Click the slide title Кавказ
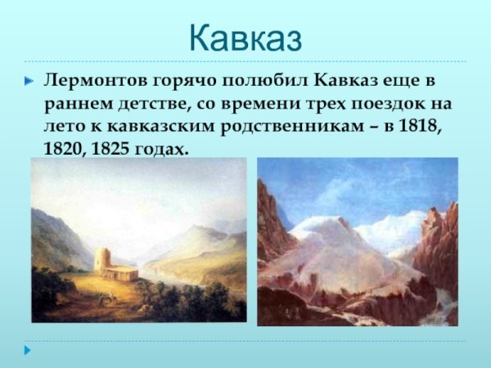coord(245,37)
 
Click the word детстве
coord(146,105)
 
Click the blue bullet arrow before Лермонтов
coord(29,83)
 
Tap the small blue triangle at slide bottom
coord(28,350)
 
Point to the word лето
coord(61,128)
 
